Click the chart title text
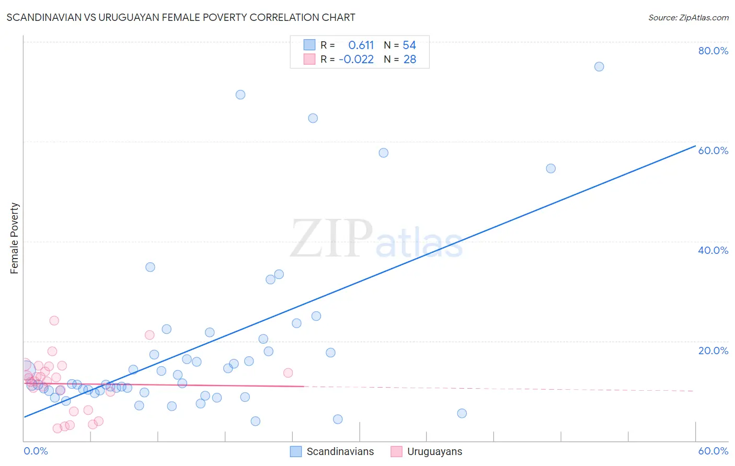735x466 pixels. tap(181, 17)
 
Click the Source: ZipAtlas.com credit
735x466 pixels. tap(688, 17)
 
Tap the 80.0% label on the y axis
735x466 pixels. tap(713, 51)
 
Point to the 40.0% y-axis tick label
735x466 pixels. tap(713, 250)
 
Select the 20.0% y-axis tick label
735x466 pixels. tap(713, 351)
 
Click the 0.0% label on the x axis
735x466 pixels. tap(36, 451)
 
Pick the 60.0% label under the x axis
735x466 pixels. tap(713, 451)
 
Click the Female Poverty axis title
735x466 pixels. tap(15, 238)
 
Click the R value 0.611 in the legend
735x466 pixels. tap(361, 45)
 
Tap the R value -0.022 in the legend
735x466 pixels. tap(356, 60)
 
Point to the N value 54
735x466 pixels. tap(409, 45)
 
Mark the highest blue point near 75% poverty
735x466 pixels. tap(599, 66)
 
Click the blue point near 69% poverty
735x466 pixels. tap(240, 95)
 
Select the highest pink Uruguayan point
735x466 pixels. tap(54, 321)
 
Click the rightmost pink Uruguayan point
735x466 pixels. tap(288, 373)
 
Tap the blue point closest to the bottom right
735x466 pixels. tap(462, 413)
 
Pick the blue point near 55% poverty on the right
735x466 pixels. tap(550, 168)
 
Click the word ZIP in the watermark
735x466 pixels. tap(331, 239)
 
